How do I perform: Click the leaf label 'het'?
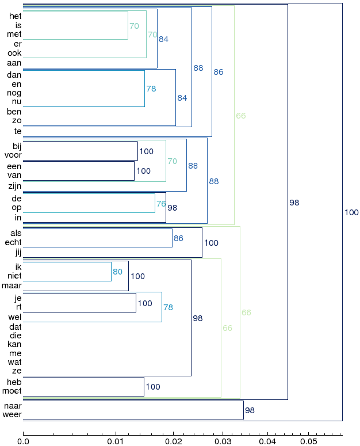pos(16,16)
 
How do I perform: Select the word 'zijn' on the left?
pos(15,186)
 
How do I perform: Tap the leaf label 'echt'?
pos(13,242)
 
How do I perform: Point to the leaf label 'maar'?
pos(12,285)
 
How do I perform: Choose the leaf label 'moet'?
pos(12,391)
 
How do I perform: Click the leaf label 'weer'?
pos(12,414)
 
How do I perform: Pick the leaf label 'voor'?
pos(13,155)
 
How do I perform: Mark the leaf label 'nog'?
pos(14,93)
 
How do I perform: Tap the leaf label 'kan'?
pos(14,344)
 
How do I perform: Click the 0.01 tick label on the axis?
pos(116,441)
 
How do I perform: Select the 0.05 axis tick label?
pos(309,441)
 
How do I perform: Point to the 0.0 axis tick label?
pos(23,441)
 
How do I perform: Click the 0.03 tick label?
pos(223,441)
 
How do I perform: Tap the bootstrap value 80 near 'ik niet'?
pos(118,272)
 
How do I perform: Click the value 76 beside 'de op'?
pos(161,204)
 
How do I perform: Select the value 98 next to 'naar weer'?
pos(250,410)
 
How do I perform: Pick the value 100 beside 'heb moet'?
pos(153,387)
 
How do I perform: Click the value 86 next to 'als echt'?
pos(178,238)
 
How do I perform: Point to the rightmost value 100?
pos(352,212)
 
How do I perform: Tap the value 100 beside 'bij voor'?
pos(146,151)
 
